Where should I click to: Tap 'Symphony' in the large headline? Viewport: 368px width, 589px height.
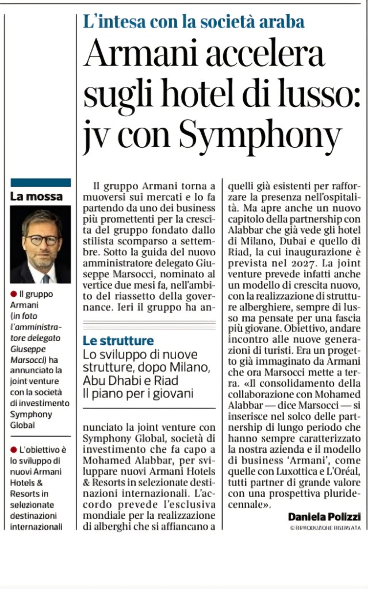click(260, 135)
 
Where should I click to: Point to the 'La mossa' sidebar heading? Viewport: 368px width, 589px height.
click(36, 196)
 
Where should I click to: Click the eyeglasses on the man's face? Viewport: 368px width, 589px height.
click(41, 240)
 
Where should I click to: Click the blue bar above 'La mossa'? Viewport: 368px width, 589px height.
click(40, 183)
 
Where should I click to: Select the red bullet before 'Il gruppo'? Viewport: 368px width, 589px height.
click(13, 294)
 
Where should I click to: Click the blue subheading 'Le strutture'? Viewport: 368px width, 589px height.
click(118, 341)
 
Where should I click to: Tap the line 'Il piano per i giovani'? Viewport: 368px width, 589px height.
click(138, 393)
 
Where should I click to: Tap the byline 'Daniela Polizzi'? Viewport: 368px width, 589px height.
click(324, 517)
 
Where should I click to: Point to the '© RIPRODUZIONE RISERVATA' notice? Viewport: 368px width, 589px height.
click(325, 527)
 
